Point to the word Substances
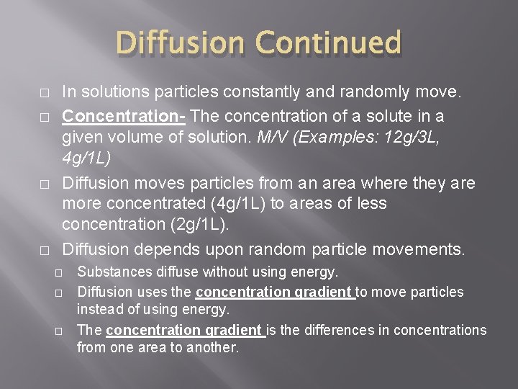[x=113, y=272]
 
